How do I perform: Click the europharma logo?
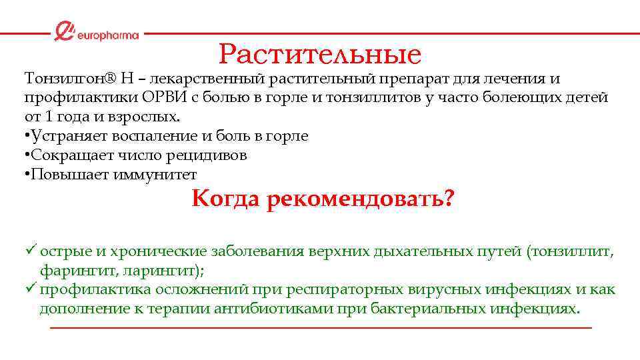(97, 33)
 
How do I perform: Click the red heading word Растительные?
(320, 53)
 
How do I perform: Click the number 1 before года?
(46, 117)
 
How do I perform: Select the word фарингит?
(71, 271)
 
